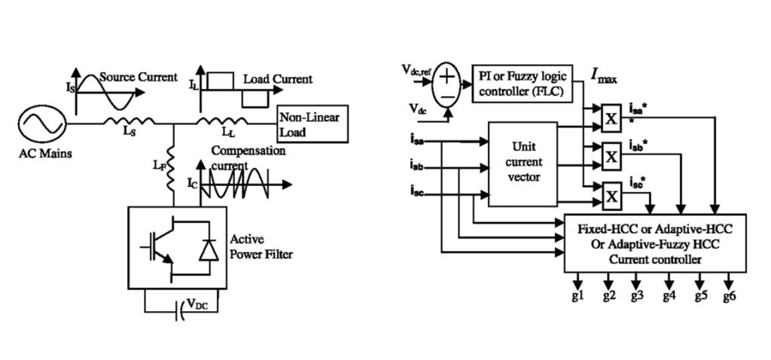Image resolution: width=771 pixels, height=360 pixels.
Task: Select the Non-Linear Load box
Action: (x=312, y=125)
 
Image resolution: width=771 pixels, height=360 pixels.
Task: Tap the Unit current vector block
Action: (x=523, y=162)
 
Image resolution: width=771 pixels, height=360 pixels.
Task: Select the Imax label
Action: (x=602, y=76)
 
